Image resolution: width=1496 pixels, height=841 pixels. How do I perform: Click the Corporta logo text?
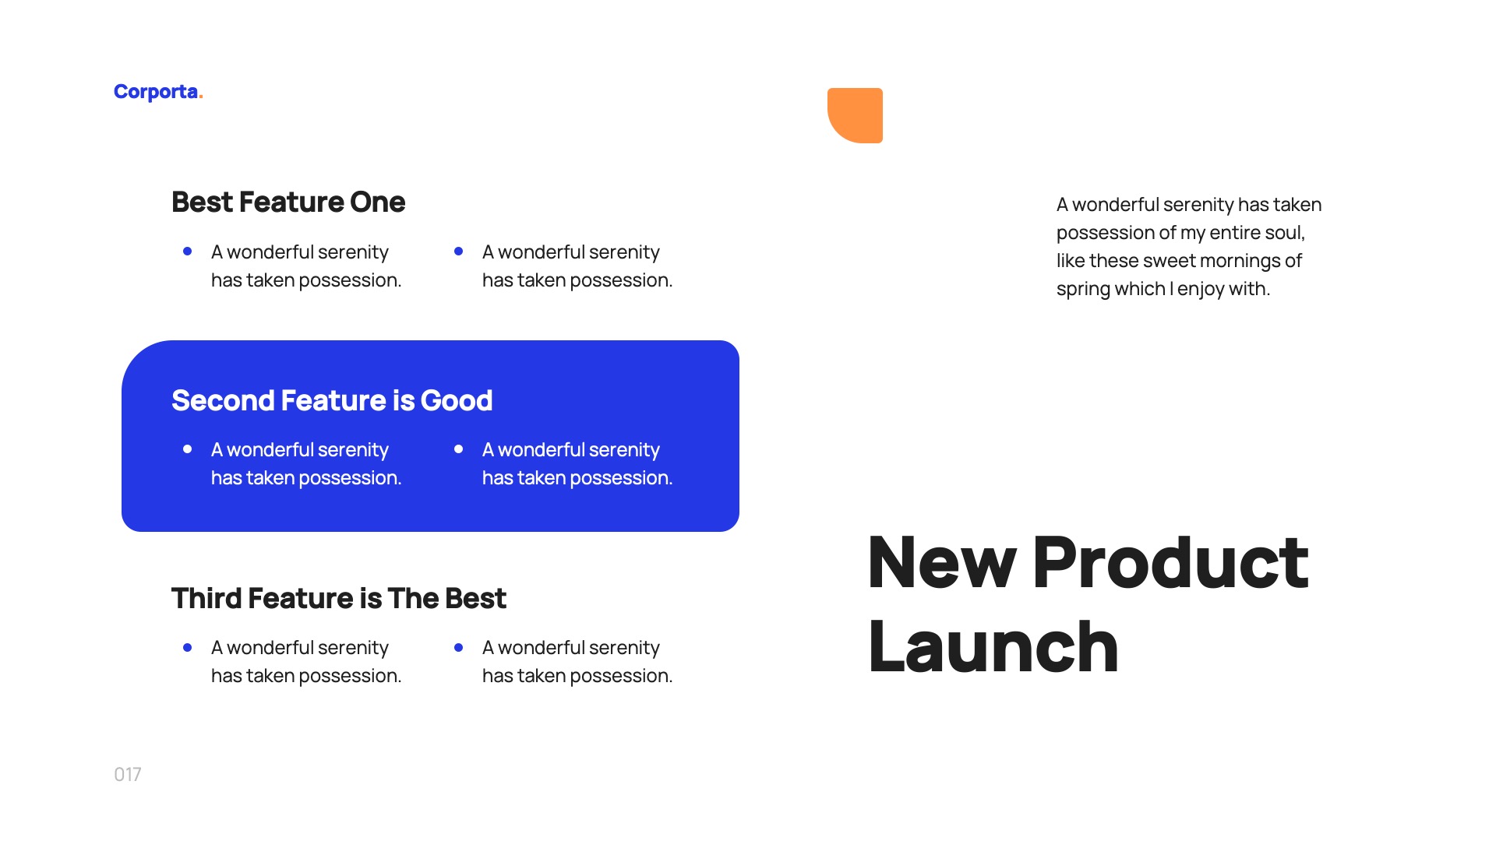tap(156, 92)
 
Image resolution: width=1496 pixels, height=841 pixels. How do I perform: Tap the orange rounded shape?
tap(856, 115)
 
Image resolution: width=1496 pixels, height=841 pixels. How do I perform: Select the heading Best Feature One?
tap(288, 202)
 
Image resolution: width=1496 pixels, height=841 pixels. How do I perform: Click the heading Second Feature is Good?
tap(331, 400)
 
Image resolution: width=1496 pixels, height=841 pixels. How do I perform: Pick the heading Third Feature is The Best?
tap(338, 598)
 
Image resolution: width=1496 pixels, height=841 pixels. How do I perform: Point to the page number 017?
tap(127, 774)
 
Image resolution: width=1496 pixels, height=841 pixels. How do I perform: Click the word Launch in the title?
tap(993, 646)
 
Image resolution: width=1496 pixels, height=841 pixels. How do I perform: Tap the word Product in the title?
tap(1170, 562)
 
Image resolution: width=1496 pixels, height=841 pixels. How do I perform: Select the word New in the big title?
tap(941, 562)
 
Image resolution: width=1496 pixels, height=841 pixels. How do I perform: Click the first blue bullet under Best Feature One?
tap(187, 252)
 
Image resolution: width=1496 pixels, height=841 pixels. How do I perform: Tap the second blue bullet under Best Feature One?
tap(458, 252)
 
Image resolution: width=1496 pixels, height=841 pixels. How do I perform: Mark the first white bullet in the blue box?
tap(187, 449)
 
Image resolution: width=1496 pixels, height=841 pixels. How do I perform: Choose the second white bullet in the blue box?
tap(458, 449)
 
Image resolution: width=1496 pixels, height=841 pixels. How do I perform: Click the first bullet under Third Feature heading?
tap(187, 647)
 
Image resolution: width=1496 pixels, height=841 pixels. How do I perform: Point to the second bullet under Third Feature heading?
tap(458, 647)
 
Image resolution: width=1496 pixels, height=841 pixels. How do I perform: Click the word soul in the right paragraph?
tap(1285, 233)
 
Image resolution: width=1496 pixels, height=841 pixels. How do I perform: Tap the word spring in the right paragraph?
tap(1082, 289)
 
